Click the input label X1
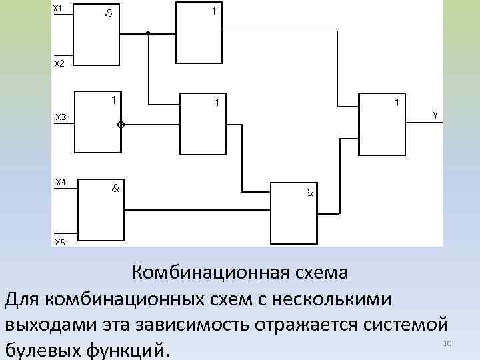(58, 8)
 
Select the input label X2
(59, 63)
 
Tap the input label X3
(60, 117)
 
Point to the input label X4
(60, 181)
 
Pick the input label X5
(60, 243)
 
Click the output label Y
(435, 115)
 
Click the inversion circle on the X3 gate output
(121, 125)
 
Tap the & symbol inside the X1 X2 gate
(108, 13)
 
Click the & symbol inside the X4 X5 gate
(115, 188)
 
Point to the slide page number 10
(447, 343)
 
